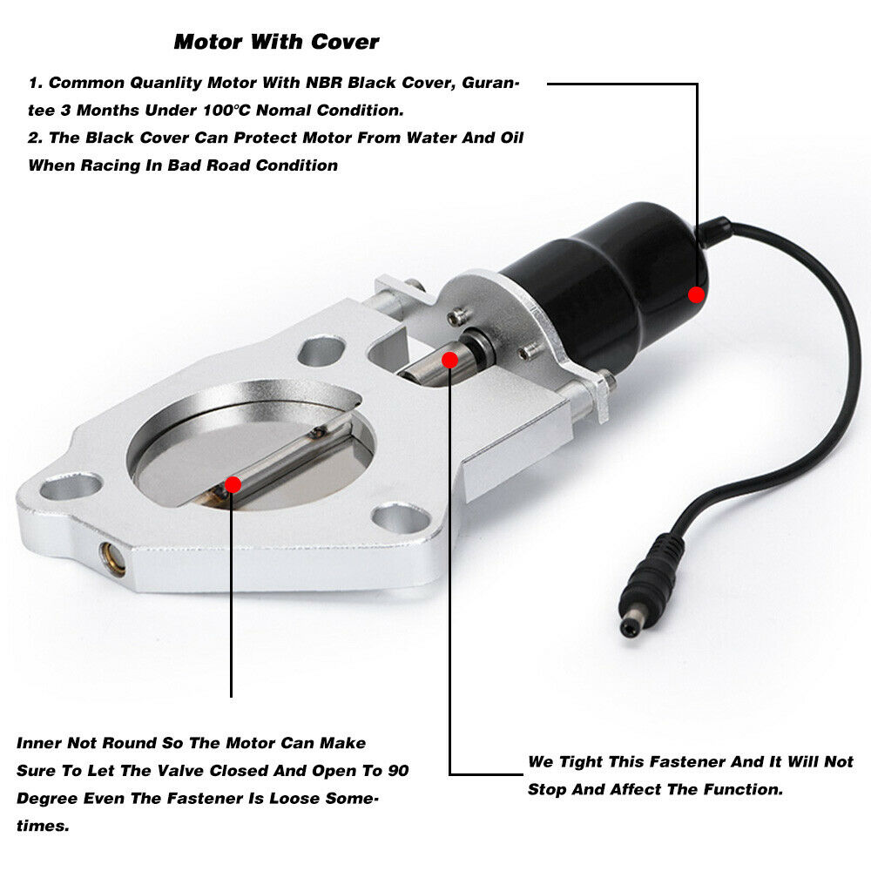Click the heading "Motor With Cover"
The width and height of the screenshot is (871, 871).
click(276, 42)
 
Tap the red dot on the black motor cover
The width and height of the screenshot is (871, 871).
click(696, 294)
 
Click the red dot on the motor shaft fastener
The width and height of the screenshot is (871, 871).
click(449, 360)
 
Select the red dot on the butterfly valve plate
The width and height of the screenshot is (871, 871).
click(233, 484)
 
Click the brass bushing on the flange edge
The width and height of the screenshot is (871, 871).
click(112, 558)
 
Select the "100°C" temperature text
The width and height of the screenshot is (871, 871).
click(226, 110)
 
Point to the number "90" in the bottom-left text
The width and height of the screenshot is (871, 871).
click(398, 771)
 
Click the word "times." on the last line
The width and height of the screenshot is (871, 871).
click(43, 826)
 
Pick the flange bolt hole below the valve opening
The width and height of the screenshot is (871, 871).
click(401, 517)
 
